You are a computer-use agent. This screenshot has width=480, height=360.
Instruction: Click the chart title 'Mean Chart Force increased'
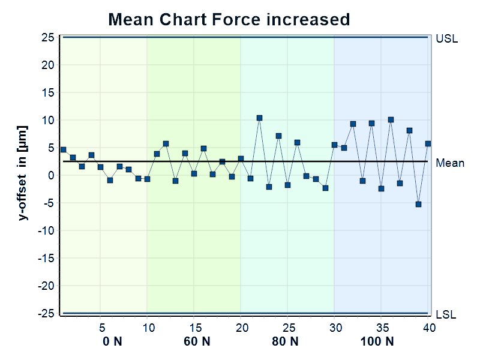[229, 19]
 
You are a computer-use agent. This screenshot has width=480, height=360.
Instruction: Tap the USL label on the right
[446, 39]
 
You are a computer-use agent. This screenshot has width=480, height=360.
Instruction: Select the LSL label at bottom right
[446, 314]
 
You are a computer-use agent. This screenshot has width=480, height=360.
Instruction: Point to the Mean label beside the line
[449, 163]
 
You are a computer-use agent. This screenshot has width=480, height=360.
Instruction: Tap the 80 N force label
[285, 341]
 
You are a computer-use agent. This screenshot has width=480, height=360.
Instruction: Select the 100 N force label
[377, 341]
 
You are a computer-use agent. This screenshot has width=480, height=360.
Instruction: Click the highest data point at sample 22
[259, 118]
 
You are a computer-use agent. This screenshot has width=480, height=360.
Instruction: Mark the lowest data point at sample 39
[418, 204]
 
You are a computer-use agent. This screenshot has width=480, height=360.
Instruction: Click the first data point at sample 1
[63, 149]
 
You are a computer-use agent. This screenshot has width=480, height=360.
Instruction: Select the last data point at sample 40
[428, 143]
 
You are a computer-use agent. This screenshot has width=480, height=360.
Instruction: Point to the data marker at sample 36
[391, 119]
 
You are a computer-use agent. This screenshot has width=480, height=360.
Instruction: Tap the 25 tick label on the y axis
[48, 37]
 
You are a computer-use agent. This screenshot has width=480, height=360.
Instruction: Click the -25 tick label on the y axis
[46, 313]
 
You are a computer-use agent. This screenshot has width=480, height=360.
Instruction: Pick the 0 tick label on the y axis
[52, 175]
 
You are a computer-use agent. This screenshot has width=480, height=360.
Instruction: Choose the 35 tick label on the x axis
[381, 328]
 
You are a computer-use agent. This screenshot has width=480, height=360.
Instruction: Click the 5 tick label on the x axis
[101, 328]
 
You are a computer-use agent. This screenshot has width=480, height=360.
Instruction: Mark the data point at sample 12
[166, 144]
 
